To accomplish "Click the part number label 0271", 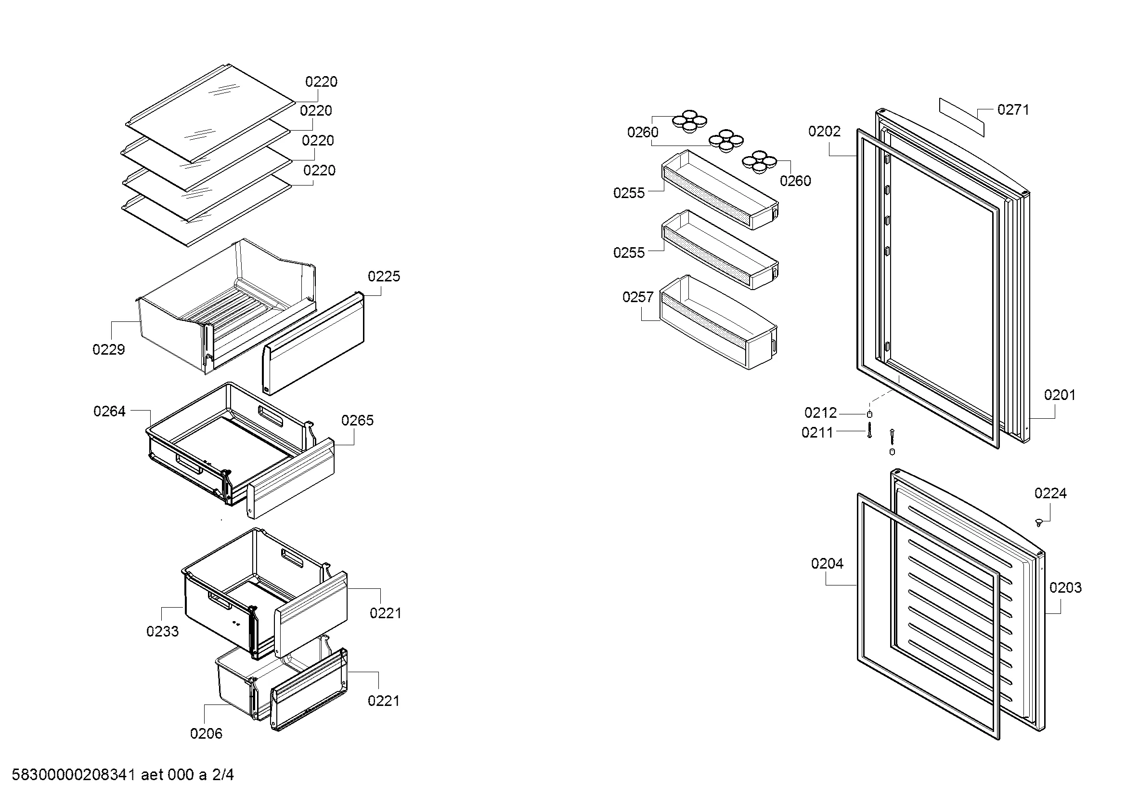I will [x=1013, y=110].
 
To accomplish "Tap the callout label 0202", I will [x=824, y=132].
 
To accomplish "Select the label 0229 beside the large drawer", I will [x=108, y=349].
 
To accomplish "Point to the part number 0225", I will [x=384, y=276].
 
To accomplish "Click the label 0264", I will [x=109, y=411].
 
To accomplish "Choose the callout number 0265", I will [x=358, y=420].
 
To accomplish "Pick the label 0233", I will [x=162, y=631].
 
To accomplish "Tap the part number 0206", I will [x=206, y=733].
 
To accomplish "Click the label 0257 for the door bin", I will [x=637, y=297].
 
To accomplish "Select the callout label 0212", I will [x=820, y=413].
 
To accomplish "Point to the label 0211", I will [x=817, y=432].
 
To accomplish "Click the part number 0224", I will [x=1050, y=493].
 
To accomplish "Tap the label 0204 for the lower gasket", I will [x=827, y=563].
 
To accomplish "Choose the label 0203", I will [x=1066, y=587].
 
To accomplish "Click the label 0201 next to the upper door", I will [x=1060, y=395].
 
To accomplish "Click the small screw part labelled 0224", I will [x=1038, y=523].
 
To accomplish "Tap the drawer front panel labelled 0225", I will [x=314, y=344].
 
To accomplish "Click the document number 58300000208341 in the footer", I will [x=73, y=775].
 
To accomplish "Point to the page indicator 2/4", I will [x=223, y=775].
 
